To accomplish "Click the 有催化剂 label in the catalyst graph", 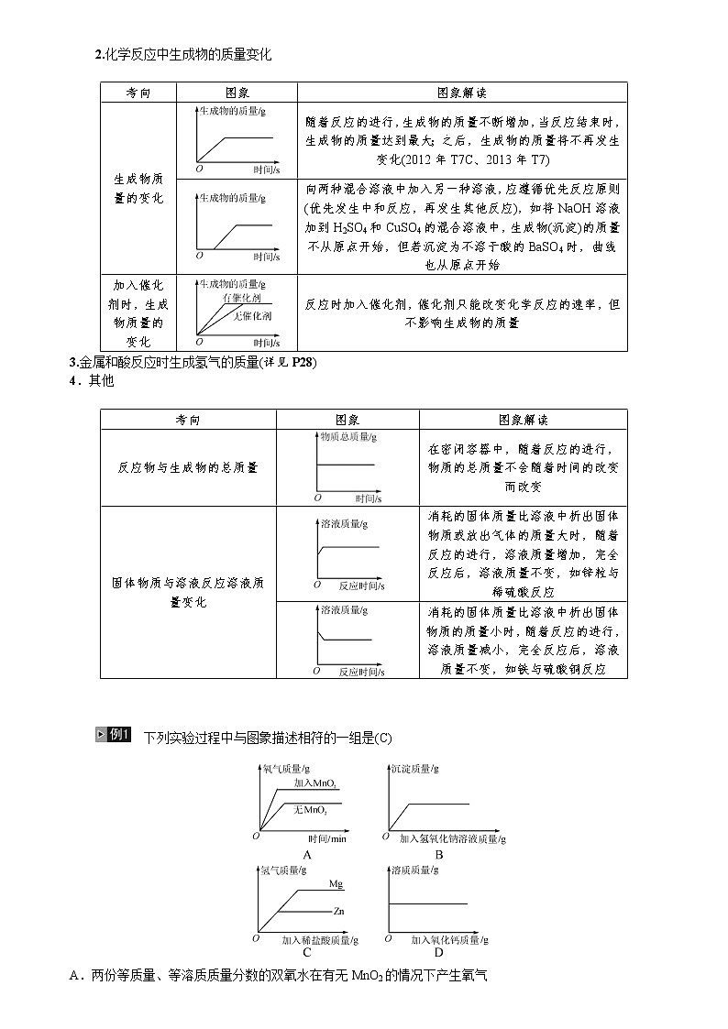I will click(x=241, y=299).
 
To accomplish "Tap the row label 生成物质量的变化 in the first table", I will click(x=138, y=188).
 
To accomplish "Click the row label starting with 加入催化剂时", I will click(x=138, y=312).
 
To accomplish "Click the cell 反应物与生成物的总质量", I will click(x=187, y=467).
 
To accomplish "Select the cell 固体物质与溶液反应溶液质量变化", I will click(x=187, y=592).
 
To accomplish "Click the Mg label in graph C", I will click(x=336, y=884).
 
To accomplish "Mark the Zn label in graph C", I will click(x=338, y=912).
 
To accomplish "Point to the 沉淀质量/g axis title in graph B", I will click(x=414, y=768).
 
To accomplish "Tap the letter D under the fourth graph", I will click(x=439, y=953).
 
